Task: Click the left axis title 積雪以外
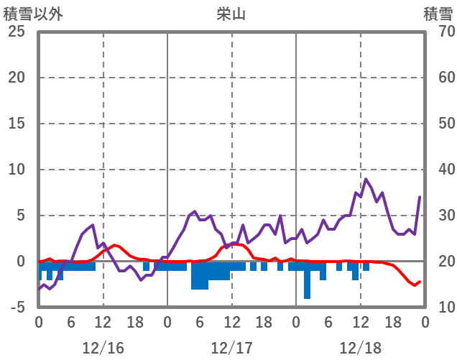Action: [x=32, y=14]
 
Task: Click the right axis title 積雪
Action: [x=437, y=14]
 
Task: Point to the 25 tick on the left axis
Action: [x=17, y=32]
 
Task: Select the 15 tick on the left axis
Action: [x=17, y=124]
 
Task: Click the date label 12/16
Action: [x=103, y=348]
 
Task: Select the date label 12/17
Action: [x=231, y=348]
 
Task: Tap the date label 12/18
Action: [x=360, y=348]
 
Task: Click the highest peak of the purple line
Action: [x=366, y=179]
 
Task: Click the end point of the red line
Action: [x=420, y=282]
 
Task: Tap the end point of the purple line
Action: [x=420, y=197]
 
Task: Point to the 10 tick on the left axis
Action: [x=17, y=170]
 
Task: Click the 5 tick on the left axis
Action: [x=21, y=216]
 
